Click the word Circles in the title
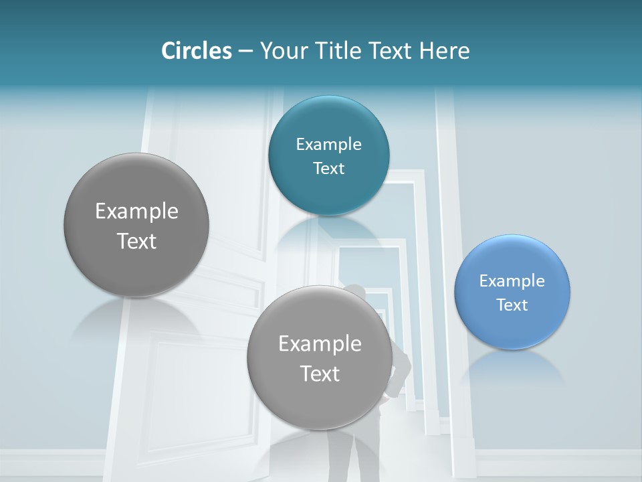(196, 50)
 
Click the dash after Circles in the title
(245, 52)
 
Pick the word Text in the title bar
(391, 50)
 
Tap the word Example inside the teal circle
(328, 145)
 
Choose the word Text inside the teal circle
(328, 169)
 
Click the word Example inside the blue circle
(512, 281)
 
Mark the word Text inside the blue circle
(512, 305)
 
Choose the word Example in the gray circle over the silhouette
(320, 344)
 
